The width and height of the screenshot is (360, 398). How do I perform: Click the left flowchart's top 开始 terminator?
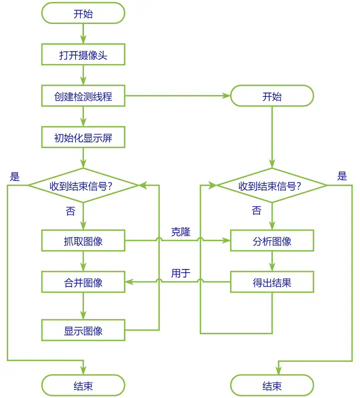83,13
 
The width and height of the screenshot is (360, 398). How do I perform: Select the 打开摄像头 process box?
83,55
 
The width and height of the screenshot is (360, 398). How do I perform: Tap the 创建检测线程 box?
83,96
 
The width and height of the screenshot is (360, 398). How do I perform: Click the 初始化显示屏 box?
83,138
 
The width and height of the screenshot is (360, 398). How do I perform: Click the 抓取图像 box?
83,241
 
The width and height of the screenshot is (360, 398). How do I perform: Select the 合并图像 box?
83,282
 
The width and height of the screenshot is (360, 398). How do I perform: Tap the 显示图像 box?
83,330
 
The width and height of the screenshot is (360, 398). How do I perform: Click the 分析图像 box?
272,241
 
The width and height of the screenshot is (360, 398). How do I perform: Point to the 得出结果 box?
272,282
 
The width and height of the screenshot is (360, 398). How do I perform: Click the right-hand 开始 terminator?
272,96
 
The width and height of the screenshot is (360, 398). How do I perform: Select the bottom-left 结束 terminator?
83,385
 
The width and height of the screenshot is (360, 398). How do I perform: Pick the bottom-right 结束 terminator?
272,385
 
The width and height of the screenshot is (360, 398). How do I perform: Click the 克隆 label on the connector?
180,232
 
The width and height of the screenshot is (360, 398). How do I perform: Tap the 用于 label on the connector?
180,273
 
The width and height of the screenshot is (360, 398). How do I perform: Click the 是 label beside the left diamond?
15,176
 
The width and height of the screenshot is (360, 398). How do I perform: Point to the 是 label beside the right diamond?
342,176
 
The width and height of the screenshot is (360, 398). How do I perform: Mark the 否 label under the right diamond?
256,211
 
